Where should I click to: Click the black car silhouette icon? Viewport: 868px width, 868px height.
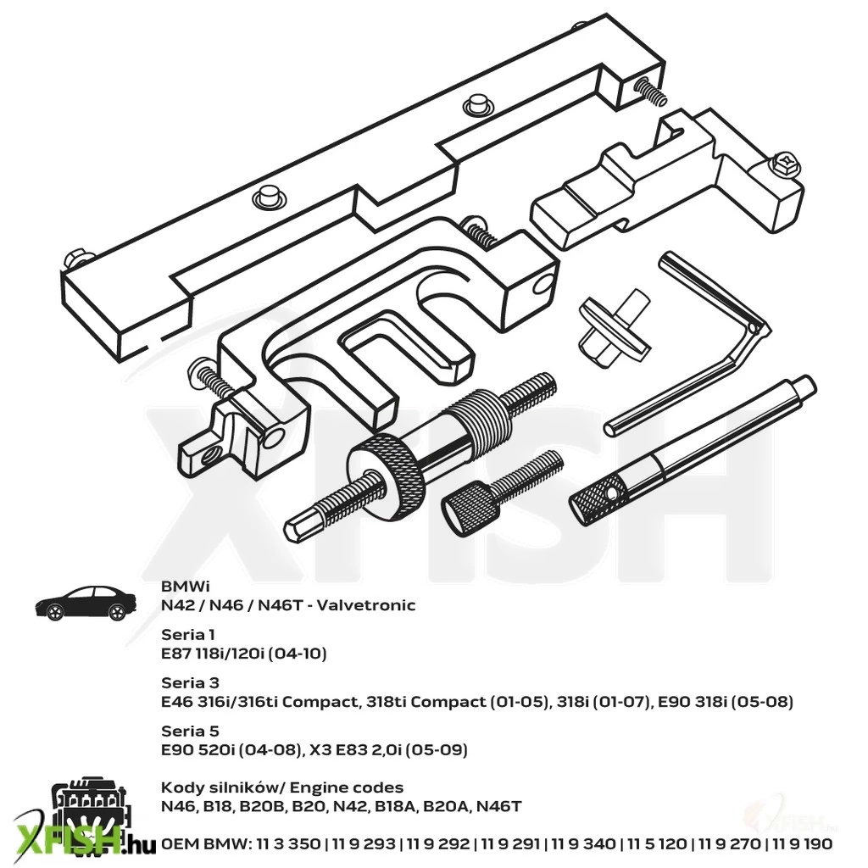[86, 604]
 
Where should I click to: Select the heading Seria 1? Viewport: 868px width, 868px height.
[187, 634]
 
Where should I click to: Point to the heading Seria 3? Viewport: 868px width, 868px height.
[190, 682]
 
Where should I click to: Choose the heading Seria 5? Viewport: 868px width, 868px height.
[190, 731]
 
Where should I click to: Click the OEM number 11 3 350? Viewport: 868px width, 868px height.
[288, 843]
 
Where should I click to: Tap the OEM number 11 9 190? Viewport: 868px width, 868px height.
[802, 843]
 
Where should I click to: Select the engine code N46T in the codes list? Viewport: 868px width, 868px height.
[498, 806]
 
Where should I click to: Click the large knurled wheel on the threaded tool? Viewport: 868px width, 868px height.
[386, 476]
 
